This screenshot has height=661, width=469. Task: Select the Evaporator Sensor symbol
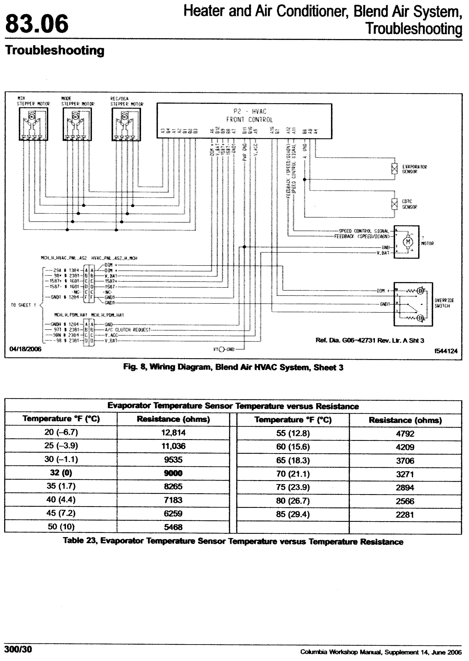tap(394, 169)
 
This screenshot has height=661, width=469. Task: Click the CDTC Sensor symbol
tap(394, 204)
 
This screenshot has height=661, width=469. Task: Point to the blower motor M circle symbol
tap(408, 241)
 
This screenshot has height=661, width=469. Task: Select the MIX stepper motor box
tap(33, 124)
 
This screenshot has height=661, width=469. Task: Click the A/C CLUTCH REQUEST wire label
tap(133, 329)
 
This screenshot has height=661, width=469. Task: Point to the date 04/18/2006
tap(25, 349)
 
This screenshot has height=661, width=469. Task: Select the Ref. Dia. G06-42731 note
tap(370, 341)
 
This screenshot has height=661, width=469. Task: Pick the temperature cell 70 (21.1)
tap(293, 474)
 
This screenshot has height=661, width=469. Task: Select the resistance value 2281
tap(405, 514)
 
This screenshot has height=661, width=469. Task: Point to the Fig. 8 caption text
tap(233, 367)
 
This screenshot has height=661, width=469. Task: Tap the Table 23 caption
tap(233, 541)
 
